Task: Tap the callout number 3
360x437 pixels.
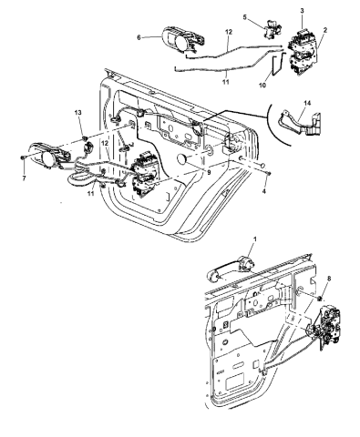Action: (x=302, y=9)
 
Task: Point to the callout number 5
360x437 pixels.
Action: (x=244, y=17)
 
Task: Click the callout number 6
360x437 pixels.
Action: (x=139, y=37)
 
